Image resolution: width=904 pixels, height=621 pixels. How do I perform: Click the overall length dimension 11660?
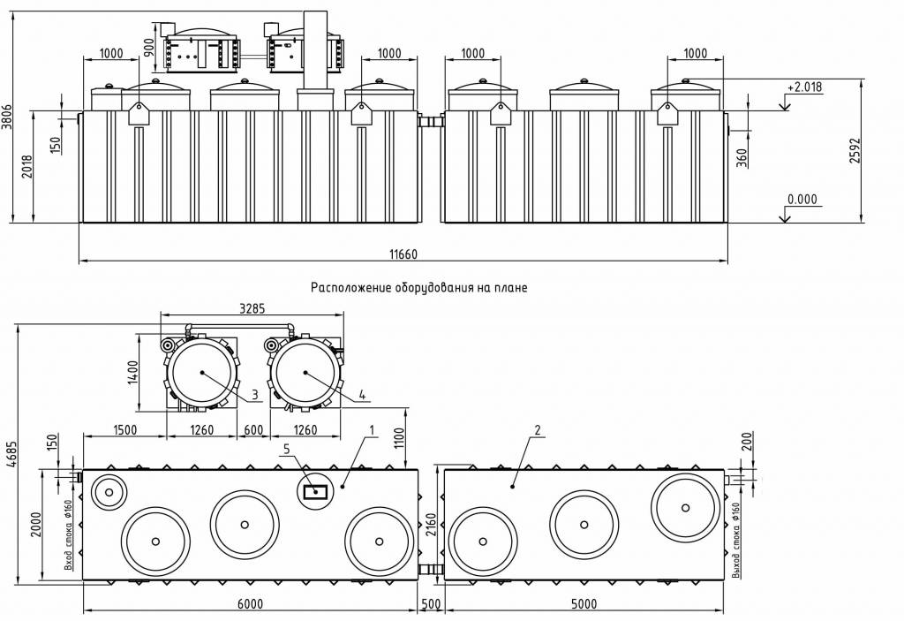pos(403,254)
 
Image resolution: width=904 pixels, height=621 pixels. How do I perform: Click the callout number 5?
pos(286,450)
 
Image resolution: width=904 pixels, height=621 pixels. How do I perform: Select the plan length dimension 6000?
pos(251,604)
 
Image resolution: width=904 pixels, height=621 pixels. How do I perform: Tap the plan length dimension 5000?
pos(584,604)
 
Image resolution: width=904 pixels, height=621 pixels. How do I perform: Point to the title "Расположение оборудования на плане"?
pos(418,288)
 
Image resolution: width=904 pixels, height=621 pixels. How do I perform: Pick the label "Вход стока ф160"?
pos(69,534)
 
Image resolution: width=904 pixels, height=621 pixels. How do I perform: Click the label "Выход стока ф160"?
pos(737,540)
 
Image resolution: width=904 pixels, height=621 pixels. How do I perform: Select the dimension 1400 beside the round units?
pos(133,371)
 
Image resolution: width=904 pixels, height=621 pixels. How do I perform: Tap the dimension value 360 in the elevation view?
pos(742,156)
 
